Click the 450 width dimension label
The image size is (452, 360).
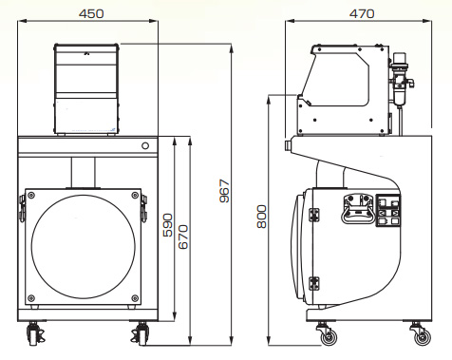[91, 13]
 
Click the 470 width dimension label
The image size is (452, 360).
[362, 13]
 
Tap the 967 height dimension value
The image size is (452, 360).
[224, 191]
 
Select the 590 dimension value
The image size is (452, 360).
[168, 225]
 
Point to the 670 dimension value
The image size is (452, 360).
[183, 237]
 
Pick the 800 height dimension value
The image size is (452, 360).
[262, 217]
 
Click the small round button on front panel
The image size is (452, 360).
[145, 146]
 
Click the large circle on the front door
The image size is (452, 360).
[31, 247]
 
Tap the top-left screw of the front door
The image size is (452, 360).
[31, 195]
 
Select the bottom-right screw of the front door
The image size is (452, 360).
[135, 298]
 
